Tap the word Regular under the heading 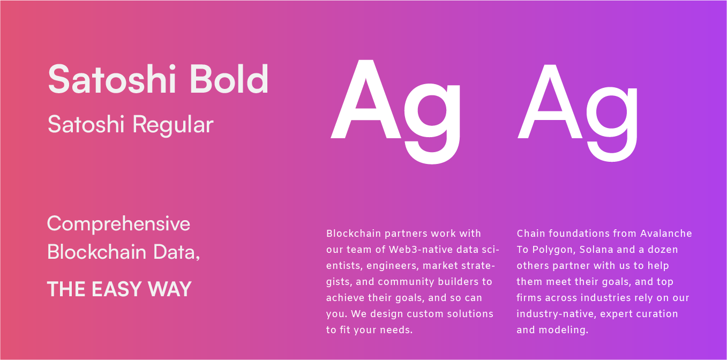click(x=173, y=124)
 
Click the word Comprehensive click(x=118, y=224)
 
